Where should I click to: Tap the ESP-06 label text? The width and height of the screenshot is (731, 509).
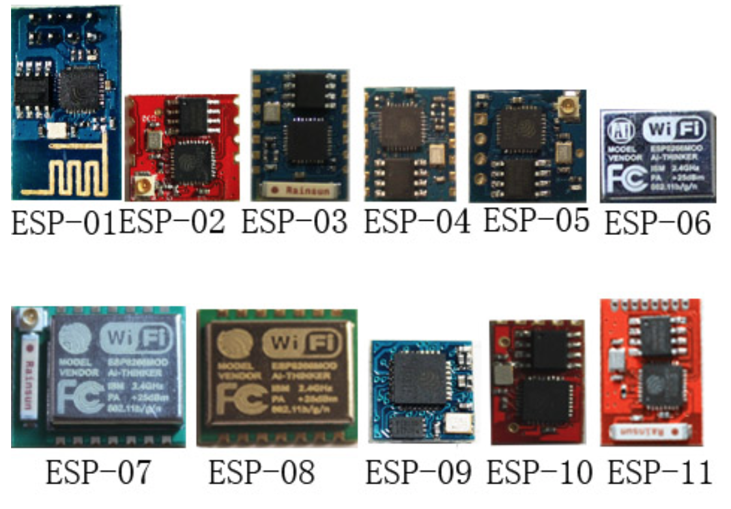pyautogui.click(x=657, y=223)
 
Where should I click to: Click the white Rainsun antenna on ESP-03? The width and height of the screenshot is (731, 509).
pyautogui.click(x=299, y=190)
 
